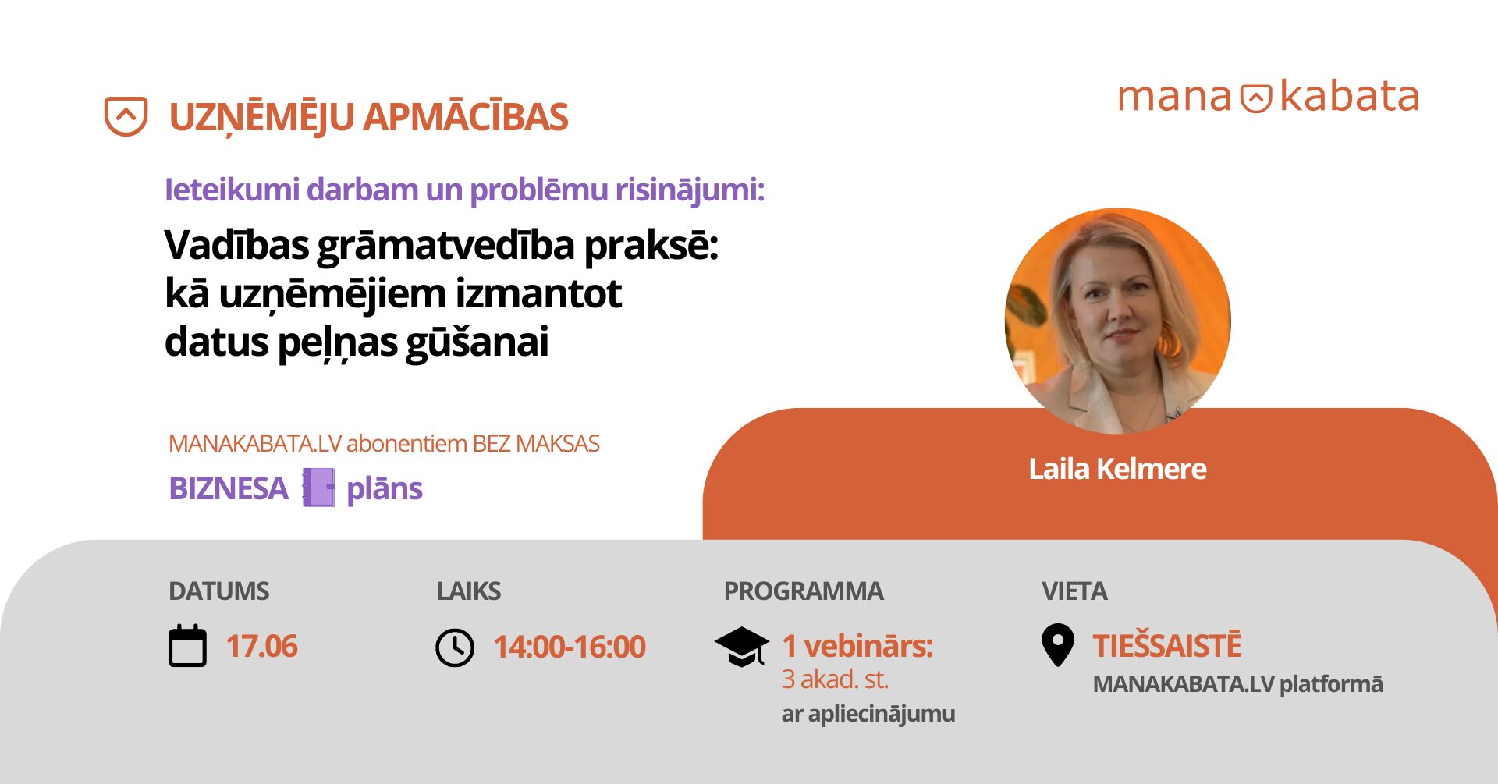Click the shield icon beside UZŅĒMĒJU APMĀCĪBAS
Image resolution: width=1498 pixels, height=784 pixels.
(126, 116)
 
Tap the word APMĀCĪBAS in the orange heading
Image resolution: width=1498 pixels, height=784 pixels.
(466, 118)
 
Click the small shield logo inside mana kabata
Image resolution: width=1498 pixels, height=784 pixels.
(1256, 98)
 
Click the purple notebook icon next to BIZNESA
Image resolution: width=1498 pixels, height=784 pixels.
(318, 488)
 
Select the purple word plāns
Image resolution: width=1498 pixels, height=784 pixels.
(384, 489)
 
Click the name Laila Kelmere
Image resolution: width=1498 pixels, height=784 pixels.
(1117, 469)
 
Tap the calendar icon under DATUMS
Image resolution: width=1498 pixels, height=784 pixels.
(188, 645)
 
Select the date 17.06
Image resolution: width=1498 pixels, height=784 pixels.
(262, 647)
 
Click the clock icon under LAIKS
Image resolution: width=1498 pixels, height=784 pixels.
(455, 647)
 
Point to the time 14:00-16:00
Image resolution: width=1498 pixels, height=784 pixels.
(570, 647)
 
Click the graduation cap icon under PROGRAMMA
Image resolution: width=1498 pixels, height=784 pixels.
(742, 647)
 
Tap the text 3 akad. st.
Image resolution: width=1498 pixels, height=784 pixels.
(835, 679)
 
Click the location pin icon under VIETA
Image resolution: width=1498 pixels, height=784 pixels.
(1058, 645)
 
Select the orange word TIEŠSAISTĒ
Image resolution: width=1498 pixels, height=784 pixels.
(1167, 646)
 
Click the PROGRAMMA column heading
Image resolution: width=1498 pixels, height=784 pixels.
(804, 591)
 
